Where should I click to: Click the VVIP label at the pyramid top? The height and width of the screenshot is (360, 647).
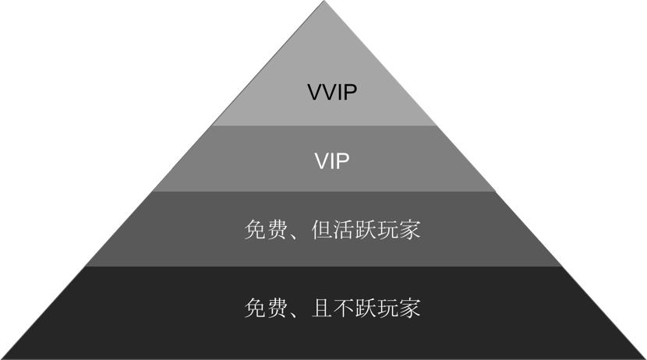pyautogui.click(x=332, y=92)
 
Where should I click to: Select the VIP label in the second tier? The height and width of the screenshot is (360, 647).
pyautogui.click(x=332, y=161)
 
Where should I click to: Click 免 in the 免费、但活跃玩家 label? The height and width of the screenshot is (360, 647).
pyautogui.click(x=255, y=231)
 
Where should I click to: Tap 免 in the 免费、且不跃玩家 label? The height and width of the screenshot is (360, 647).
pyautogui.click(x=255, y=307)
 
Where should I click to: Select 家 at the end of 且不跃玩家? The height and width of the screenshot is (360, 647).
pyautogui.click(x=410, y=307)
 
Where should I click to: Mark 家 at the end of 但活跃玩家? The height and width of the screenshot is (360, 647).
pyautogui.click(x=410, y=231)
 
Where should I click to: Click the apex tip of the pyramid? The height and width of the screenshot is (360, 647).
pyautogui.click(x=323, y=2)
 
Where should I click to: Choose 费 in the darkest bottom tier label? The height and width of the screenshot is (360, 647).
pyautogui.click(x=278, y=307)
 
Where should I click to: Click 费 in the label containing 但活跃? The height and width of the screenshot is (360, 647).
pyautogui.click(x=278, y=231)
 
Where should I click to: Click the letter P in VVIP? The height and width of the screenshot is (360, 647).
pyautogui.click(x=350, y=92)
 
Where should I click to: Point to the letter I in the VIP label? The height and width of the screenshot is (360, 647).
pyautogui.click(x=334, y=161)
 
